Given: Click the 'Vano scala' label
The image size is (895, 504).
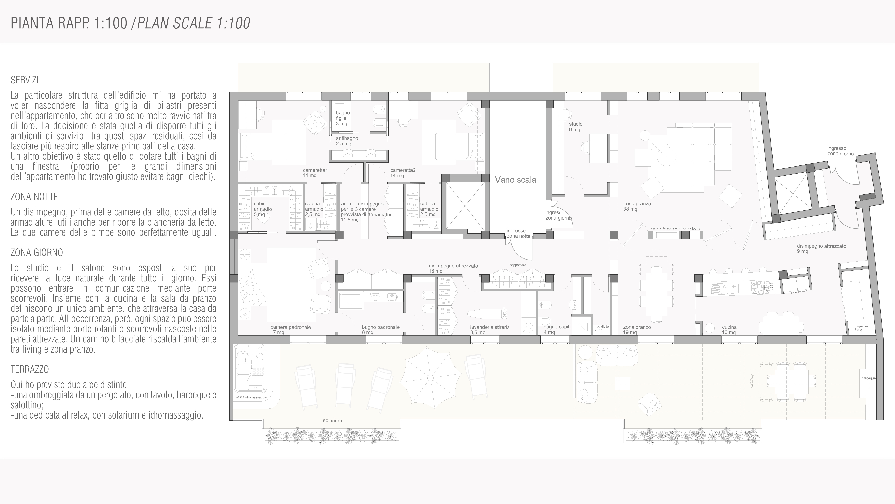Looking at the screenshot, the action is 515,180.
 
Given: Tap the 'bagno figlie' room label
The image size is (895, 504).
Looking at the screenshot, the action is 343,116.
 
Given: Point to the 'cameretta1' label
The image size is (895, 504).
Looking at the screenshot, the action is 315,170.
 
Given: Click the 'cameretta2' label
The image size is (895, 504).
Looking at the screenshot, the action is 403,170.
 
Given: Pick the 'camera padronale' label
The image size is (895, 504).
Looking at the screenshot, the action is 290,327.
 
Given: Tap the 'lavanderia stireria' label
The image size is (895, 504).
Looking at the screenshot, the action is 490,327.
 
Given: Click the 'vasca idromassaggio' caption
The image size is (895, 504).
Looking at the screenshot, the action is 251,397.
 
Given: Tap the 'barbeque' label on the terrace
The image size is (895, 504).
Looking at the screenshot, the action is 868,378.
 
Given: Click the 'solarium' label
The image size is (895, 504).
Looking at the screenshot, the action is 332,421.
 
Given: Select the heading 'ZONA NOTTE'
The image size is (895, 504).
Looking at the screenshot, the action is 34,197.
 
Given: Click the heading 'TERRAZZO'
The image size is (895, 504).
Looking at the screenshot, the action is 30,369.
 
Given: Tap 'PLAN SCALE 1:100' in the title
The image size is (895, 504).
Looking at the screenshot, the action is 193,23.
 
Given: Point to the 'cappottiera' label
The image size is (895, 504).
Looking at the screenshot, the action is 518,265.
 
